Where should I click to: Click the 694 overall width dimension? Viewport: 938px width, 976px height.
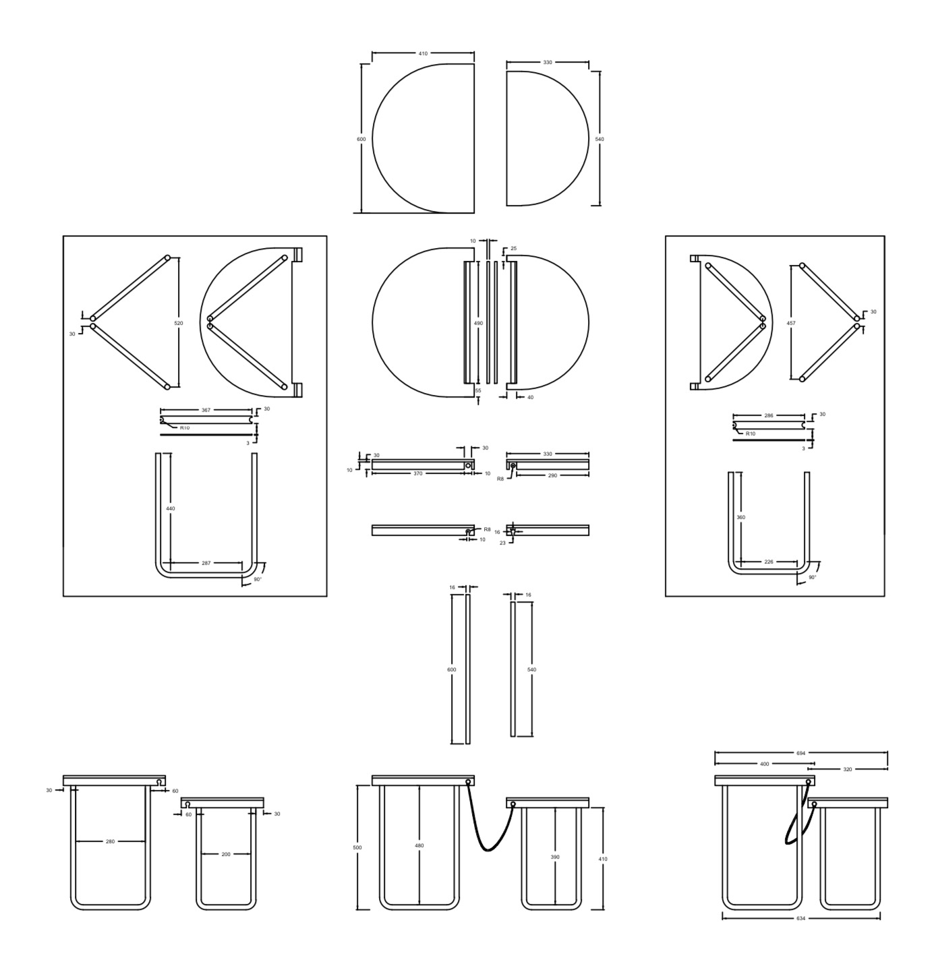coord(801,753)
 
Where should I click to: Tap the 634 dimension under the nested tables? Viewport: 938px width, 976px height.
coord(801,918)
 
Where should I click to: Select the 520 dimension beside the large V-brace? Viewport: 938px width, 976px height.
coord(179,323)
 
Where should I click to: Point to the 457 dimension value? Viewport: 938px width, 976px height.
coord(791,323)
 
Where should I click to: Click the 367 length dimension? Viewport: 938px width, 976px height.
coord(206,410)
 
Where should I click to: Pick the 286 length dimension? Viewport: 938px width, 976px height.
coord(768,415)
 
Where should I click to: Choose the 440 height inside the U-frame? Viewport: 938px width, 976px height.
coord(170,509)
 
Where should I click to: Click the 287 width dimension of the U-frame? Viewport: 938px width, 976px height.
coord(206,563)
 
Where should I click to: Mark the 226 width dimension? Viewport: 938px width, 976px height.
coord(768,561)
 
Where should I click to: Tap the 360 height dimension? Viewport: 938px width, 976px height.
coord(740,517)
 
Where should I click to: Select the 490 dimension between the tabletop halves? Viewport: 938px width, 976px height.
coord(478,323)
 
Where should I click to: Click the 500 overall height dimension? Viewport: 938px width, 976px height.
coord(357,848)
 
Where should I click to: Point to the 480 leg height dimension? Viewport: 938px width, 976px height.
coord(419,846)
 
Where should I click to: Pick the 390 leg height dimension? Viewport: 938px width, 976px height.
coord(555,857)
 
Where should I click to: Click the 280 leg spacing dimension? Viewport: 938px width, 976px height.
coord(111,842)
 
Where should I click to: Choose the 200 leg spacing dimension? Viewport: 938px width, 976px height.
coord(226,854)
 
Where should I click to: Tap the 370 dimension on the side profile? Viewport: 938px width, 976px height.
coord(417,473)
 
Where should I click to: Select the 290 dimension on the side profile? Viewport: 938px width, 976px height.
coord(552,475)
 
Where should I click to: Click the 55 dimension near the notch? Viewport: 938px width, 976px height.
coord(478,390)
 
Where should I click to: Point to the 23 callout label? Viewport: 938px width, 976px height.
coord(502,543)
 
